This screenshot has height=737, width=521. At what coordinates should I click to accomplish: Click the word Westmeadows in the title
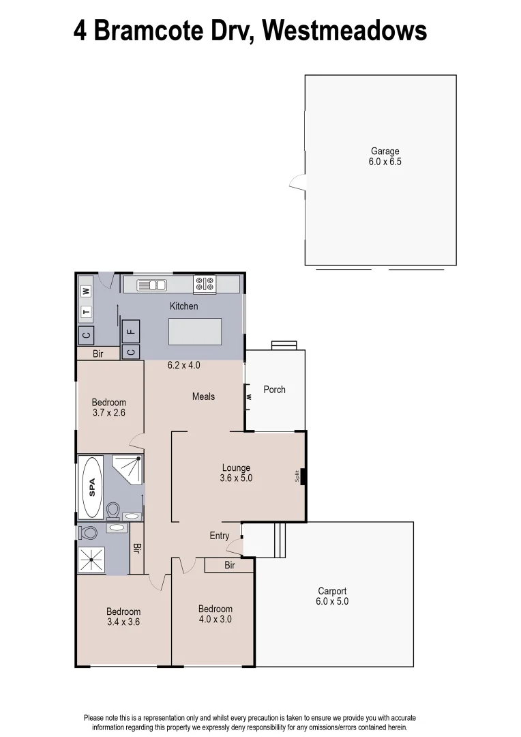tap(344, 31)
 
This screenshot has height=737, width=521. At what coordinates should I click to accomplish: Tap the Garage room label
tap(385, 151)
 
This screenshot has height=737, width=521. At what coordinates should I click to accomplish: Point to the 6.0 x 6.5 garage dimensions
tap(385, 162)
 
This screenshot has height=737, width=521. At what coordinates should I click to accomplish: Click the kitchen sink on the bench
tap(151, 285)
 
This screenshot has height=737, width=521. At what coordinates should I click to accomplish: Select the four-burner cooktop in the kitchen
tap(204, 285)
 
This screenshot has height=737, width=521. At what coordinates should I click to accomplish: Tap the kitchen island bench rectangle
tap(195, 332)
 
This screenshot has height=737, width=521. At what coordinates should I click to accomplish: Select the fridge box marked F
tap(131, 332)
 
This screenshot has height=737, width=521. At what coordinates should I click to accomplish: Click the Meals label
tap(203, 396)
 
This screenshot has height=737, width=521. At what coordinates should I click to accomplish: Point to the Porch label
tap(275, 390)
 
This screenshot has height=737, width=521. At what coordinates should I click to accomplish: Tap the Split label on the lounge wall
tap(297, 476)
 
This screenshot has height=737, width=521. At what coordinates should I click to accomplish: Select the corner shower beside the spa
tap(128, 470)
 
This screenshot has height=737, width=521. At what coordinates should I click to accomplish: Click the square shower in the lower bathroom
tap(91, 560)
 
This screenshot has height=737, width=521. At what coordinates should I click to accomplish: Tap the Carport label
tap(332, 591)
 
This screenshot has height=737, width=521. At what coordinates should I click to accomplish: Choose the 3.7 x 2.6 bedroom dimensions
tap(109, 413)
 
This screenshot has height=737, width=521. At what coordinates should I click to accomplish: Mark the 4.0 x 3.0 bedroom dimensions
tap(215, 620)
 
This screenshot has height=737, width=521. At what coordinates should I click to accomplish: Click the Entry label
tap(220, 536)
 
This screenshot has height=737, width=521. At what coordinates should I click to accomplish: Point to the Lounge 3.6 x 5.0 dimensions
tap(237, 478)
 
